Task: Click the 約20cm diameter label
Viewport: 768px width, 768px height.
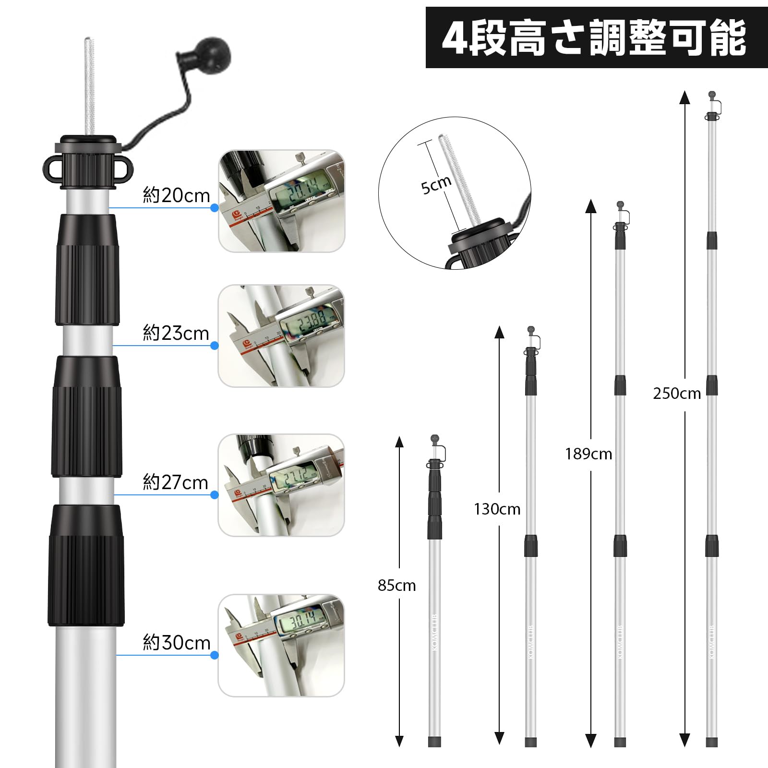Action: (x=176, y=195)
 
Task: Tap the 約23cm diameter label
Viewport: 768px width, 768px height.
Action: (x=176, y=333)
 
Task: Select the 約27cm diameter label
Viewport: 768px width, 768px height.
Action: (x=175, y=482)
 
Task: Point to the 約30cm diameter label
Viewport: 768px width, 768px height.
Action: (x=176, y=642)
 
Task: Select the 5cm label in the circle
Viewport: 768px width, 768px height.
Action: (x=436, y=184)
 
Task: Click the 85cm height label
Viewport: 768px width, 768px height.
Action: (x=396, y=586)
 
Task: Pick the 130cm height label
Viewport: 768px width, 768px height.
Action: (x=497, y=509)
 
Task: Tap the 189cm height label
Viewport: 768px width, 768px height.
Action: (x=588, y=454)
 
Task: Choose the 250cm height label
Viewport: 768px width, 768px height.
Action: (x=676, y=394)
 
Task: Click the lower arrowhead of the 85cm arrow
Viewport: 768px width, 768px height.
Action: (x=399, y=754)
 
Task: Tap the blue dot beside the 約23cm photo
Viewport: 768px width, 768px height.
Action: (x=215, y=346)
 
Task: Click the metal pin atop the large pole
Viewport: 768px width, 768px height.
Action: (x=89, y=86)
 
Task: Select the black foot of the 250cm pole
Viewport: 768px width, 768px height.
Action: (x=712, y=755)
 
